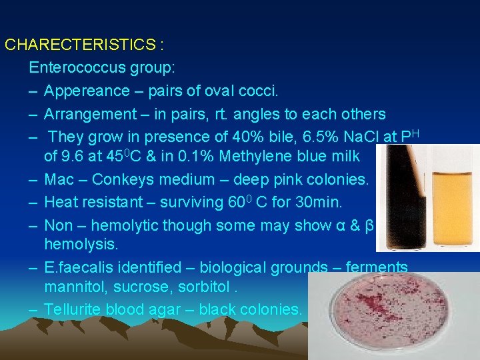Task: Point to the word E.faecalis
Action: pyautogui.click(x=79, y=268)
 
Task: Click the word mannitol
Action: pyautogui.click(x=74, y=287)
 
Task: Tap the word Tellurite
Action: pyautogui.click(x=71, y=309)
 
